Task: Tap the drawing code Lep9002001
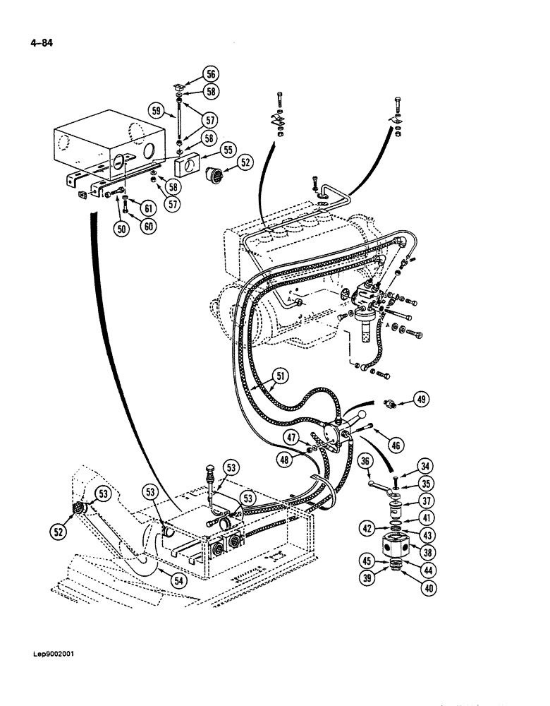tap(51, 653)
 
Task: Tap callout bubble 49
tap(422, 400)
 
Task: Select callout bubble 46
tap(396, 444)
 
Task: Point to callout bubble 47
tap(291, 439)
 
